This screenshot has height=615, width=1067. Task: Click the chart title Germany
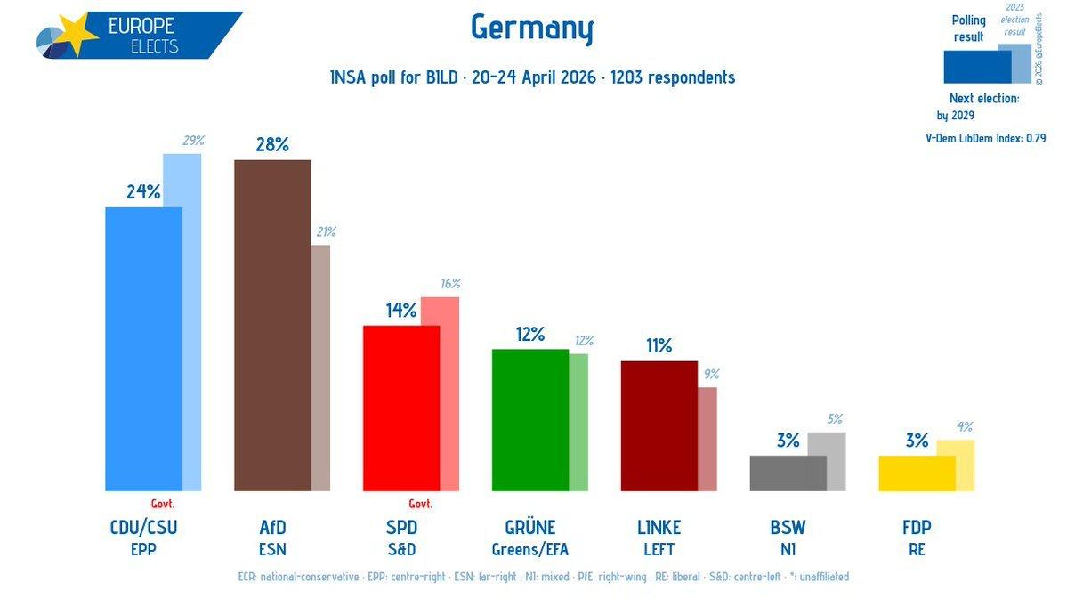531,29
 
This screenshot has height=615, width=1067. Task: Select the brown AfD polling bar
271,325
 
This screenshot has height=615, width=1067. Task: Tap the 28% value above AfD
271,144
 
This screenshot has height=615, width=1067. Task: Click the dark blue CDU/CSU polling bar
142,349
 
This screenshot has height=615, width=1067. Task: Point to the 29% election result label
194,141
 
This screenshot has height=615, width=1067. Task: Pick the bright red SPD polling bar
400,408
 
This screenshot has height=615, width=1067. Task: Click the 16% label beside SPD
450,284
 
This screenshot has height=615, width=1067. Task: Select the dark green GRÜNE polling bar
529,419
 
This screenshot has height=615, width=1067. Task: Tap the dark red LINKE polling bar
659,425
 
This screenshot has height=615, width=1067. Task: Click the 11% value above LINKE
659,346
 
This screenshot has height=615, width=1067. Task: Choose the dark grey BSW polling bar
788,473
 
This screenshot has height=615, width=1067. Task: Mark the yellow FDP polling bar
917,473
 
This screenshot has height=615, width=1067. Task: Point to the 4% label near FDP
965,426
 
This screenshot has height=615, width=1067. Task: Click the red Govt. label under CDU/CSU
163,503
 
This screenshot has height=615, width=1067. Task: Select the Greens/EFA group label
530,549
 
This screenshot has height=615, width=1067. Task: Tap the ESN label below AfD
272,549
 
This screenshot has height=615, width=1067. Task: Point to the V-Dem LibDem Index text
985,138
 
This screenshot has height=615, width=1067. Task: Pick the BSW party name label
788,527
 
